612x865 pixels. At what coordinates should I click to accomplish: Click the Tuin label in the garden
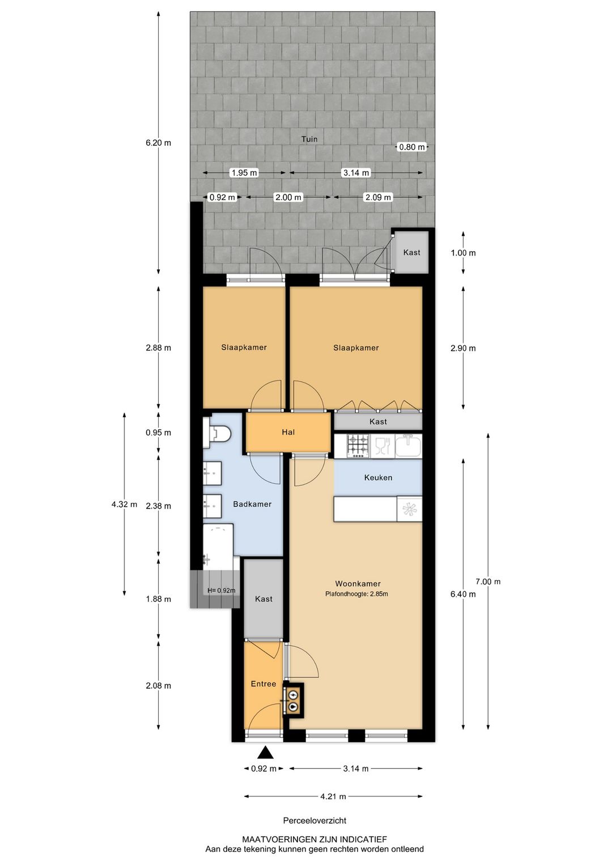[x=309, y=139]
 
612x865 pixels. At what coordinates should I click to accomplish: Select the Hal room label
[x=288, y=432]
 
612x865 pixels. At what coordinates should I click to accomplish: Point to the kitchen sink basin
[x=408, y=446]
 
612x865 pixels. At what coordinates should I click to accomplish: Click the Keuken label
[x=378, y=478]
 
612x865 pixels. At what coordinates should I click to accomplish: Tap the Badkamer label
[x=252, y=504]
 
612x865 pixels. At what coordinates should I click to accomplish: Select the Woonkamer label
[x=358, y=583]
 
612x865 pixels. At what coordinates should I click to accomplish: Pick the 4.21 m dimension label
[x=333, y=796]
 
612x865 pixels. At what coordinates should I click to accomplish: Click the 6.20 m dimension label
[x=158, y=143]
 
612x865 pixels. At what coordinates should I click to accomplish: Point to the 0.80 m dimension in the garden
[x=412, y=147]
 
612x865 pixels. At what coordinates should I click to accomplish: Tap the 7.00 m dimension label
[x=488, y=582]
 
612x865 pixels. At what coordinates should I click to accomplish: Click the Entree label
[x=263, y=684]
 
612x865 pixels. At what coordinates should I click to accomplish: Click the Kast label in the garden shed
[x=411, y=252]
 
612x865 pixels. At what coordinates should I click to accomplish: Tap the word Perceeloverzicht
[x=314, y=820]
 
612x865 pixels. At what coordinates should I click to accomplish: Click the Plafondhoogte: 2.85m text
[x=356, y=594]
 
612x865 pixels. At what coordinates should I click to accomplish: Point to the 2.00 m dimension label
[x=288, y=197]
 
